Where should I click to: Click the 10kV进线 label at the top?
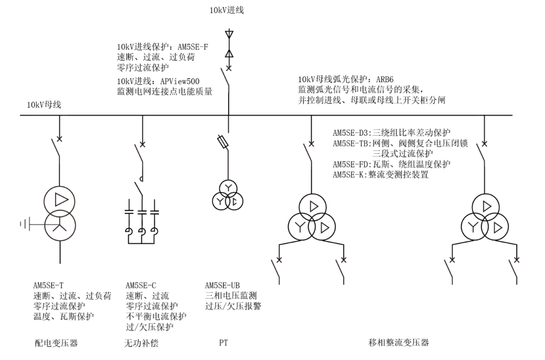227,10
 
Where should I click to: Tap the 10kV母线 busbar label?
44,104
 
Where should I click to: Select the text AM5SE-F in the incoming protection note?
193,47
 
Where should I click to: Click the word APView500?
180,82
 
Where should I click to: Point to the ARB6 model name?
385,80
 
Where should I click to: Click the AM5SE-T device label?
48,285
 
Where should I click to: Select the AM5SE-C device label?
141,285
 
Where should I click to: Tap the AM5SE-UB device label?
223,285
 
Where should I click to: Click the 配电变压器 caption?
57,343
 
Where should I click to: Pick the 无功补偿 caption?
141,343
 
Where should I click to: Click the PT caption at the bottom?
224,343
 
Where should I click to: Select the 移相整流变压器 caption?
399,343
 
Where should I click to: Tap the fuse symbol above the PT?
223,142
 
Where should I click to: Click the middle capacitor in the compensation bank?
142,211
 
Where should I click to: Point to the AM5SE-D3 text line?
392,133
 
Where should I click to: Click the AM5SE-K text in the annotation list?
350,174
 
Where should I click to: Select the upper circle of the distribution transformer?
60,201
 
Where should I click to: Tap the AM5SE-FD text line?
392,164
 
